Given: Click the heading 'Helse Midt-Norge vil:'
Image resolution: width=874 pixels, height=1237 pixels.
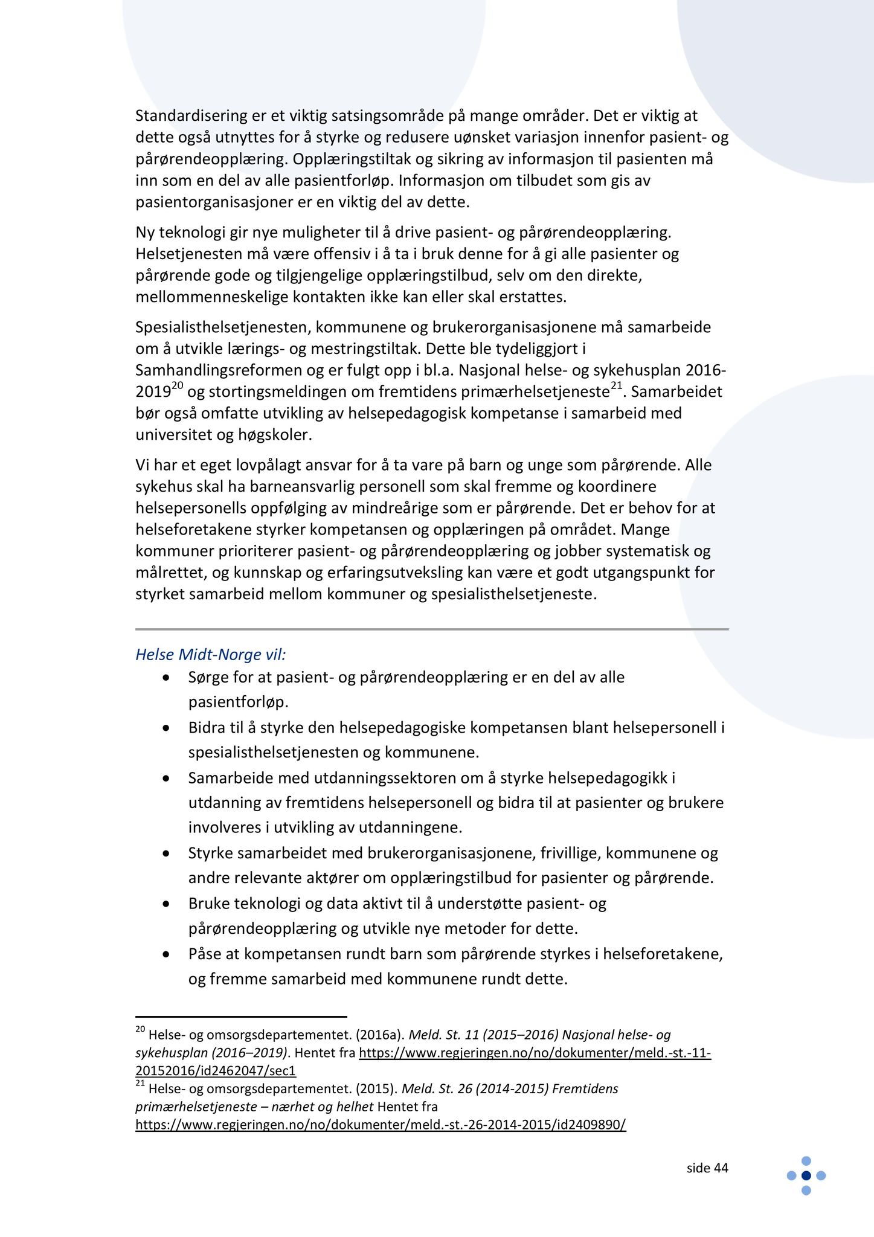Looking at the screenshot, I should [211, 655].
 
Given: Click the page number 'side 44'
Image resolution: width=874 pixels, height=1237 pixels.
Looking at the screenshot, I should [707, 1168].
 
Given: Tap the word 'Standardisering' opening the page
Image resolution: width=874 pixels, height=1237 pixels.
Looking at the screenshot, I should [191, 115].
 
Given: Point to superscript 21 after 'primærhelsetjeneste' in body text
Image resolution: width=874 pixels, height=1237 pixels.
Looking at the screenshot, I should [617, 387].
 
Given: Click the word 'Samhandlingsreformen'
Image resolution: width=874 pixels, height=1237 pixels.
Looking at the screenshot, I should [222, 370].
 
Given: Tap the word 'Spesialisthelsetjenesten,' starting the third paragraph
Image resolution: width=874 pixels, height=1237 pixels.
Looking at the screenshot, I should [223, 327].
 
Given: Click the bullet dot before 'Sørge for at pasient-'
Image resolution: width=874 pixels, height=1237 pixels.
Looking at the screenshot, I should [167, 678].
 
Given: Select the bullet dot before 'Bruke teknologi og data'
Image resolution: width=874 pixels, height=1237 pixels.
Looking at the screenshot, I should [167, 904].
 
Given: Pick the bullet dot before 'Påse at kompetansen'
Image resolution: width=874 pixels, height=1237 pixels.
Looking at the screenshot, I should [167, 955].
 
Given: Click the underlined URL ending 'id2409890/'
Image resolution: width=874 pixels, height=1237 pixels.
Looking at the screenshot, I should [381, 1125].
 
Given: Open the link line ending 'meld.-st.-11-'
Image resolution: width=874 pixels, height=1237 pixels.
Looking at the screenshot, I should [535, 1053].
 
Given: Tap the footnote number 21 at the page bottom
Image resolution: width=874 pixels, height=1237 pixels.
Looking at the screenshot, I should [140, 1084].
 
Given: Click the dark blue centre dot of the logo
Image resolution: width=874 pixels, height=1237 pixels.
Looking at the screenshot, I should [806, 1175].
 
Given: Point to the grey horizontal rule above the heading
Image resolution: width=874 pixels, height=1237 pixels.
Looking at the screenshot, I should [432, 629].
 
